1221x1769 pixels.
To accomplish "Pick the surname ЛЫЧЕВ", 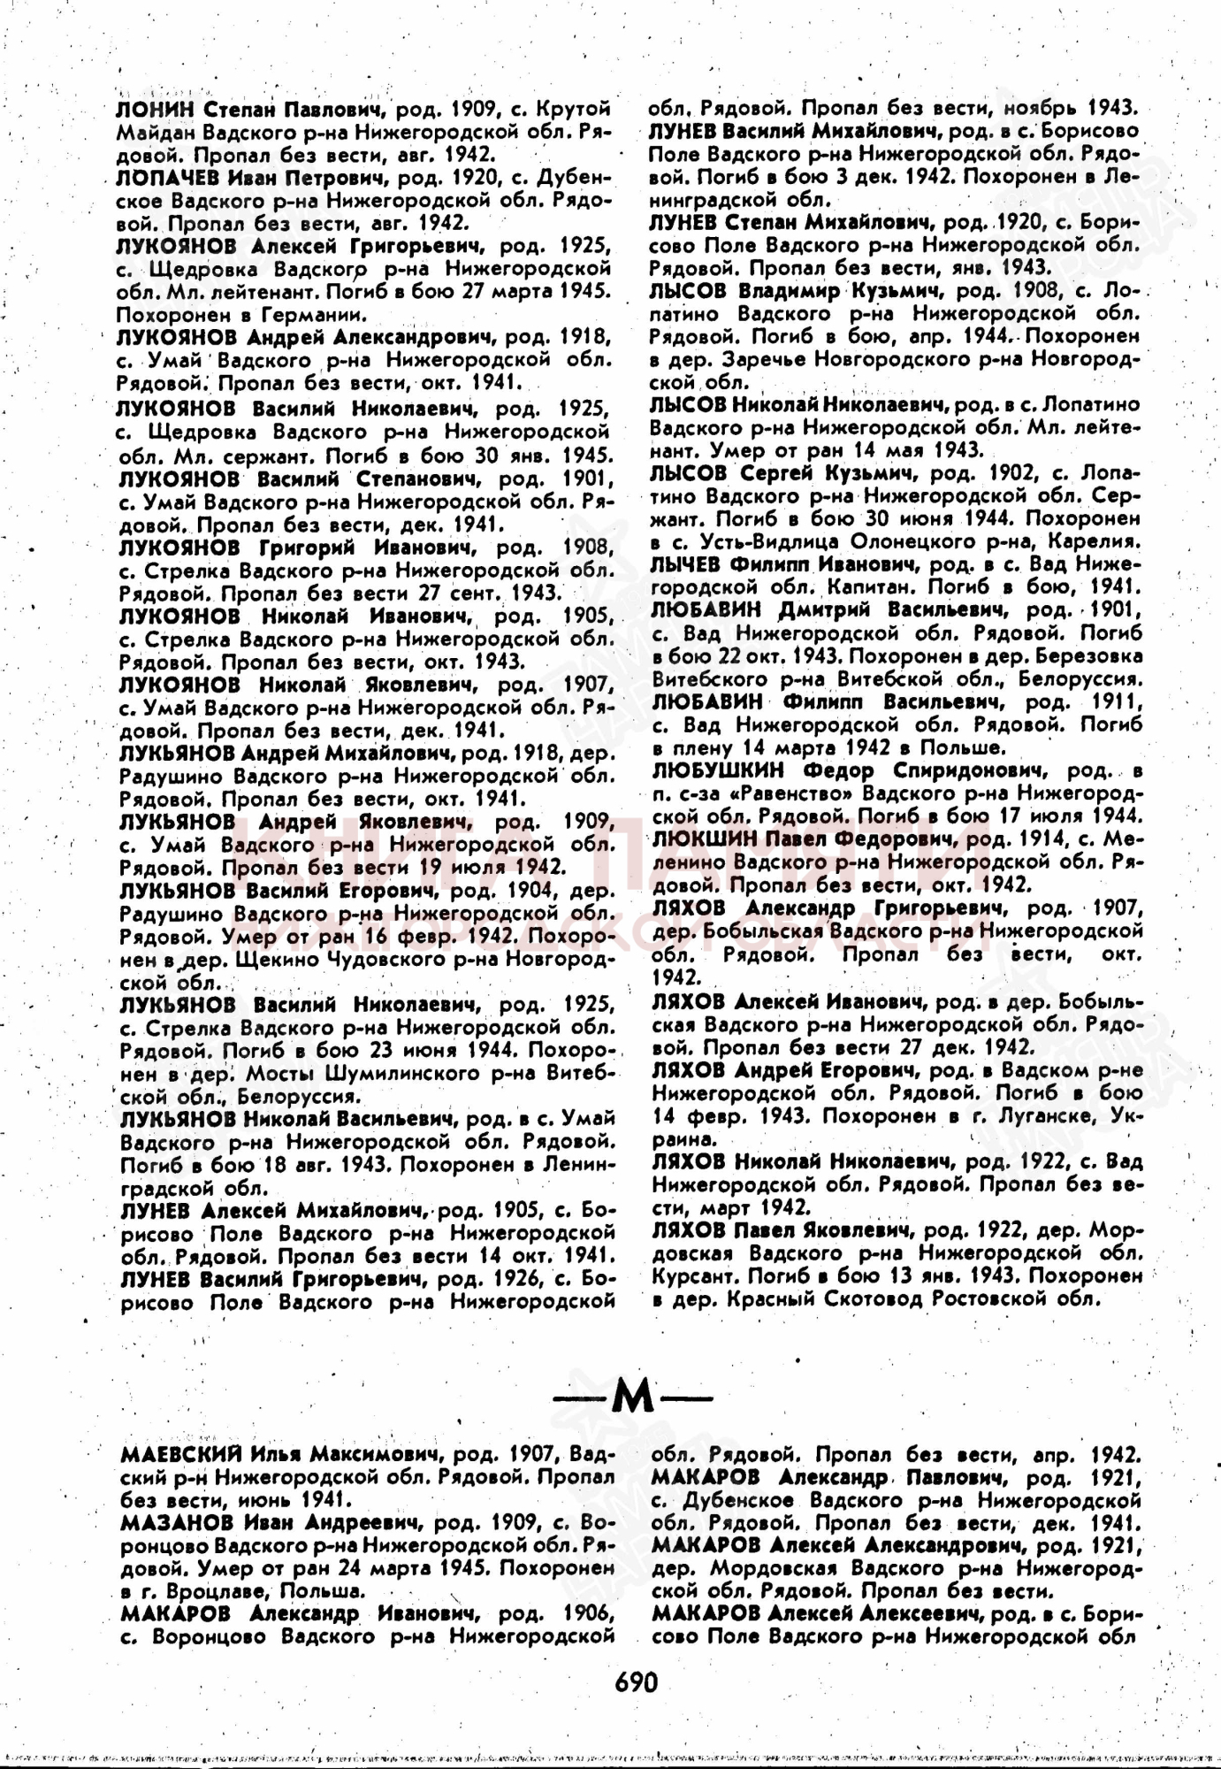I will coord(686,564).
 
